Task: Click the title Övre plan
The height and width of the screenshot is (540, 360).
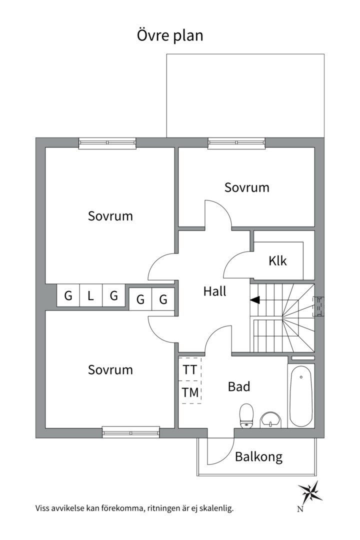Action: point(170,36)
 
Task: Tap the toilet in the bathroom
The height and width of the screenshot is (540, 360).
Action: point(246,416)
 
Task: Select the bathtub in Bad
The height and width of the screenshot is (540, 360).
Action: point(300,395)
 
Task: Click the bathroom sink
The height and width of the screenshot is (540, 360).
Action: point(271,419)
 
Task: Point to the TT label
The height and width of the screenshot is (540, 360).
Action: point(189,370)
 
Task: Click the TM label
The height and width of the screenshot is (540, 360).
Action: point(190,392)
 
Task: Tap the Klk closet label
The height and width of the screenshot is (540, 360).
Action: point(277,260)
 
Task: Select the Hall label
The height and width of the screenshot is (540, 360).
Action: point(214,291)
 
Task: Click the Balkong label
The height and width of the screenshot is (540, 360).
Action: point(258,456)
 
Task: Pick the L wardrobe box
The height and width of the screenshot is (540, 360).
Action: point(90,295)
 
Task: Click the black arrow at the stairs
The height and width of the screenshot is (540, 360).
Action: point(255,300)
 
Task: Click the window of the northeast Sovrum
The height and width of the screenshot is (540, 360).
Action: point(236,143)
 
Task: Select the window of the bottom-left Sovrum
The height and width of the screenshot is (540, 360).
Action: point(131,431)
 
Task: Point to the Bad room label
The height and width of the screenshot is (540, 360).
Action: point(238,386)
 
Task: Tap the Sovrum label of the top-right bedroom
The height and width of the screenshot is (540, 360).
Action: point(246,187)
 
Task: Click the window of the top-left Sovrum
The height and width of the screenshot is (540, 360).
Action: point(107,143)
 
